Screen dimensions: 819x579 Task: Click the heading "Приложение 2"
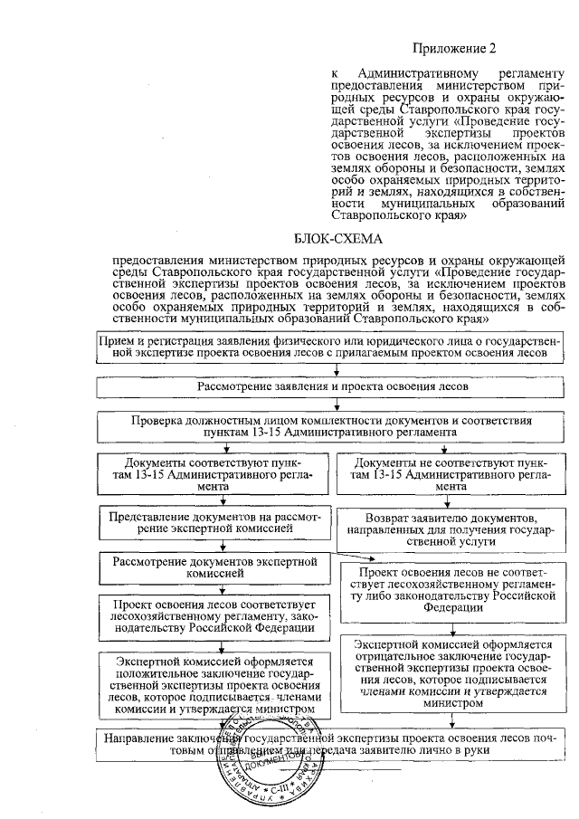coord(455,47)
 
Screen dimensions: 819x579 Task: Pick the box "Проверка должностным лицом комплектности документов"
coord(336,426)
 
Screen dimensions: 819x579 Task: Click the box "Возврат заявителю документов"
coord(456,529)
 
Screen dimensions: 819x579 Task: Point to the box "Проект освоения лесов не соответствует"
coord(456,591)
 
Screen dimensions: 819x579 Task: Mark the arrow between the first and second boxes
coord(337,368)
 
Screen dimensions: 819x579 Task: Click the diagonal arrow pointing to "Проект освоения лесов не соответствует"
coord(344,554)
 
